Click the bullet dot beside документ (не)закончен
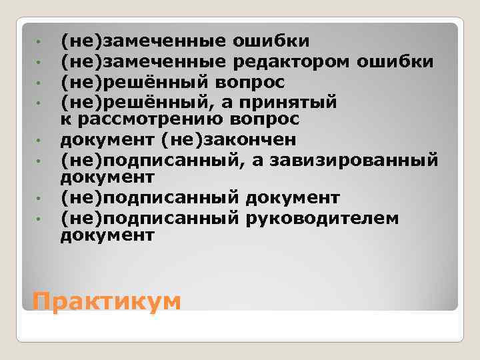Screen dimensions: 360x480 [40, 141]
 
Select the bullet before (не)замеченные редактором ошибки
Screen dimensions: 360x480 [40, 63]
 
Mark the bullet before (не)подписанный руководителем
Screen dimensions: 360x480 [40, 218]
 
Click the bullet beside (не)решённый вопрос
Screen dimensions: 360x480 [40, 83]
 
